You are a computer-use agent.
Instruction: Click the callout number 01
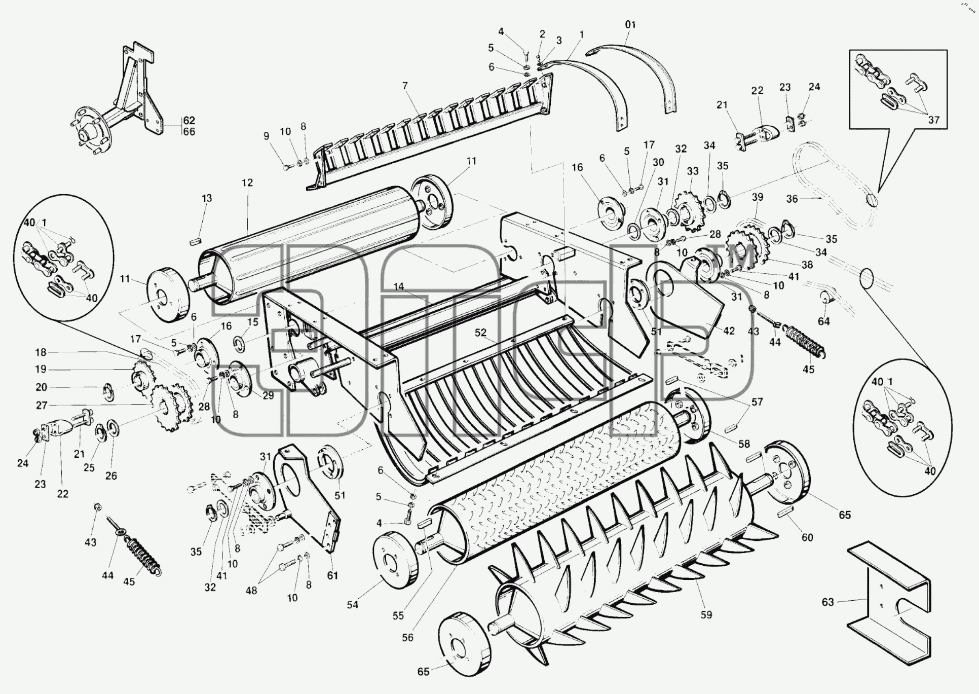pyautogui.click(x=630, y=24)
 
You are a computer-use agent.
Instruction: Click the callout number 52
pyautogui.click(x=480, y=333)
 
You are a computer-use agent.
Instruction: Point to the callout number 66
pyautogui.click(x=189, y=132)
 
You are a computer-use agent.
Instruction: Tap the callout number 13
pyautogui.click(x=207, y=198)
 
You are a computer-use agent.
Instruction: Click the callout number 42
pyautogui.click(x=729, y=331)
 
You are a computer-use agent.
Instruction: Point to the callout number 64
pyautogui.click(x=824, y=321)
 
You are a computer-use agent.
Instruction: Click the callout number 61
pyautogui.click(x=332, y=575)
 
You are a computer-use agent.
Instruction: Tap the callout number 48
pyautogui.click(x=251, y=591)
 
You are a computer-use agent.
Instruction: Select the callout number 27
pyautogui.click(x=42, y=406)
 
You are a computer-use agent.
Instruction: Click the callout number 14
pyautogui.click(x=399, y=287)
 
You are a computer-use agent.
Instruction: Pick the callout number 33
pyautogui.click(x=693, y=171)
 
